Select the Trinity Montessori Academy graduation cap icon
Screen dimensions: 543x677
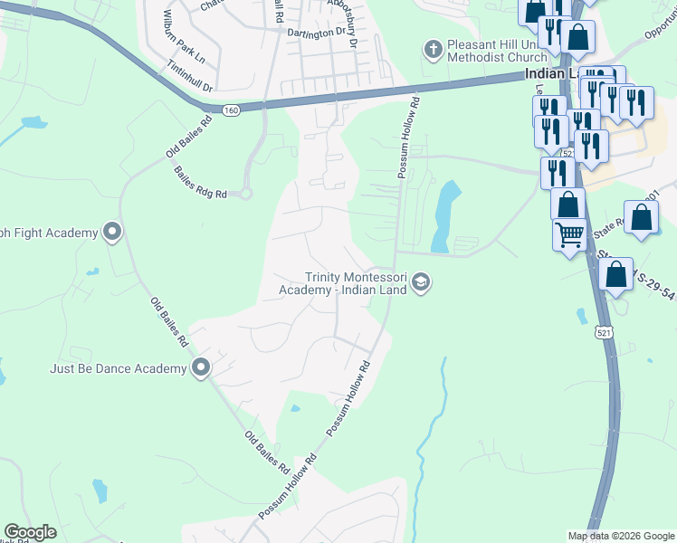pos(420,284)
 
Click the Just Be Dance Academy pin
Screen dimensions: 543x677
pos(201,367)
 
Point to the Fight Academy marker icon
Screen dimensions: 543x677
pos(112,233)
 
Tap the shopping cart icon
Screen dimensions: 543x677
pos(569,234)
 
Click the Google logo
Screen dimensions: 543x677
pos(30,532)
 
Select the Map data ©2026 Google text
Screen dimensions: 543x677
pos(621,536)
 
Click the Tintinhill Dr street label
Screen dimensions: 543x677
pos(190,77)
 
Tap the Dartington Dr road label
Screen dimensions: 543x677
pos(317,31)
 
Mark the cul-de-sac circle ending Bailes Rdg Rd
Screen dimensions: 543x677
pos(245,194)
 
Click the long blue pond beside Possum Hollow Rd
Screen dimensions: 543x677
pos(445,214)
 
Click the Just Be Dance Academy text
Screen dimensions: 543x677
pos(119,368)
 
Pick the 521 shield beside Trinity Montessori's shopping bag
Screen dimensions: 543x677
pos(604,333)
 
